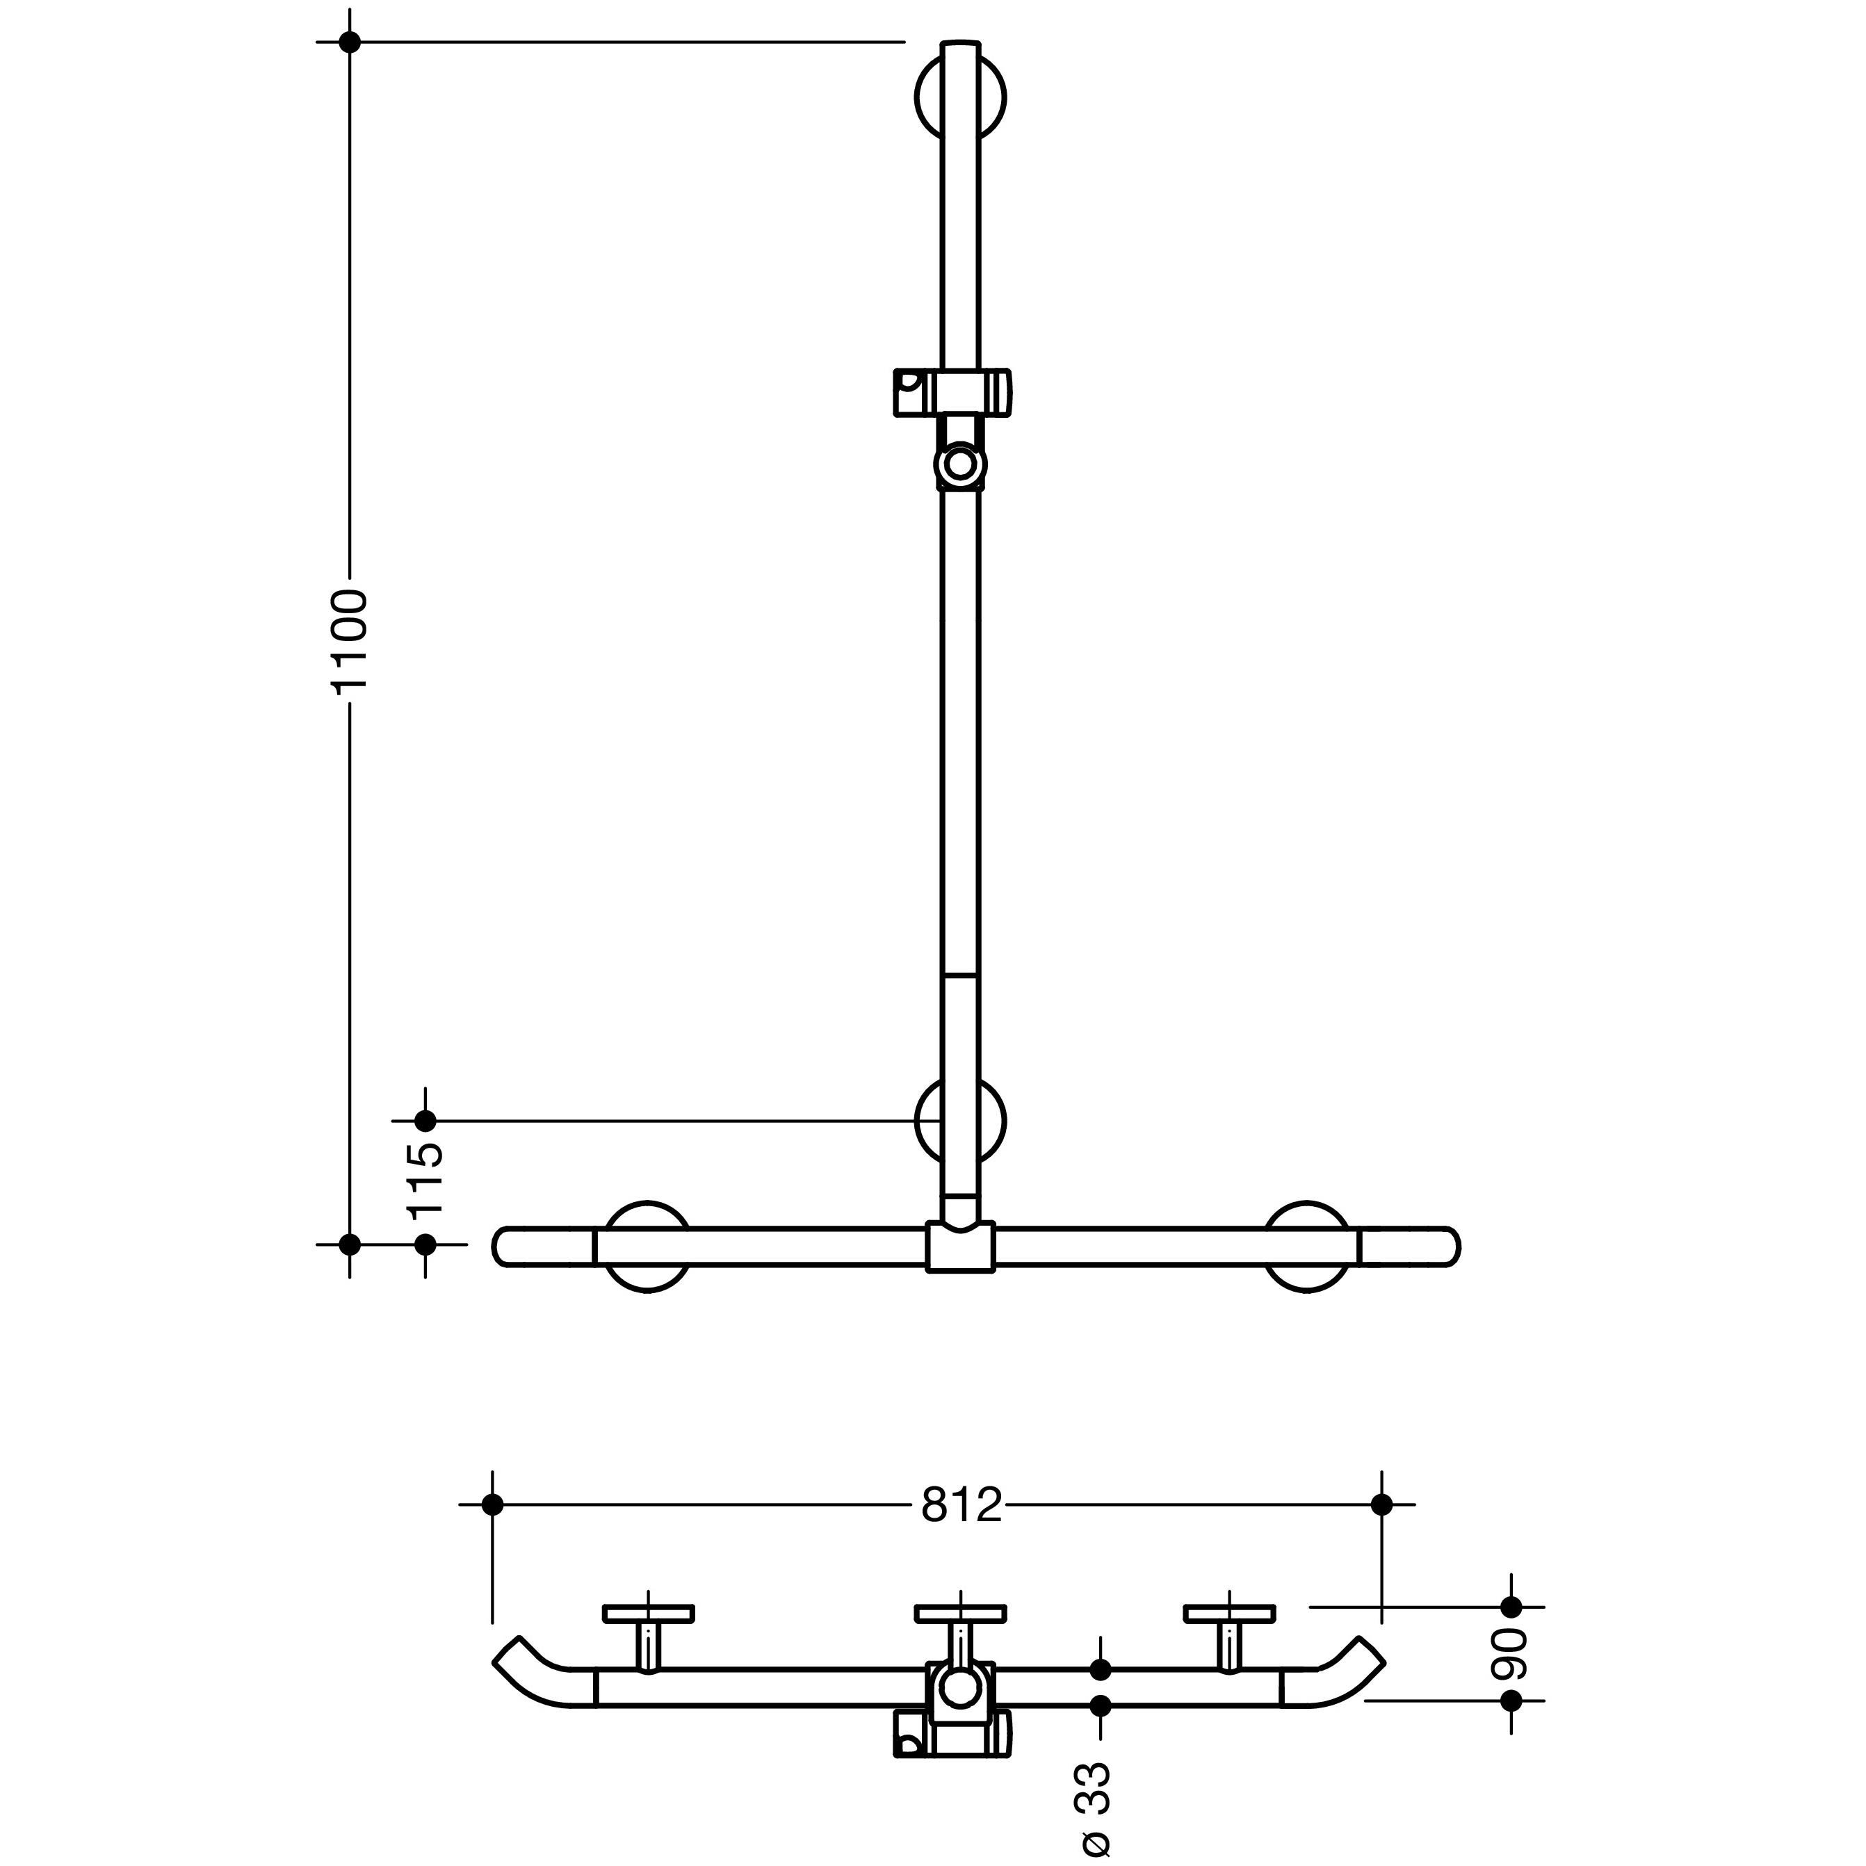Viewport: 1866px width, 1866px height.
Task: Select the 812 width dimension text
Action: [x=961, y=1504]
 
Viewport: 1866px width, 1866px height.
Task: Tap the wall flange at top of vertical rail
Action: [x=960, y=97]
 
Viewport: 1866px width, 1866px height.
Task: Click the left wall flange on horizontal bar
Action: [x=647, y=1247]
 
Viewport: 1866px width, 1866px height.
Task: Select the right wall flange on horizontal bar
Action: [x=1308, y=1247]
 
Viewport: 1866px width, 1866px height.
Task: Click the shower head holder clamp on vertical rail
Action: [x=952, y=392]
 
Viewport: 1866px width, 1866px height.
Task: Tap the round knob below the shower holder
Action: [x=960, y=464]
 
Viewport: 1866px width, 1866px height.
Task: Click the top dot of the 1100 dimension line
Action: [x=350, y=42]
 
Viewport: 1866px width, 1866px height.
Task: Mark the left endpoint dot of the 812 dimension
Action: [x=493, y=1504]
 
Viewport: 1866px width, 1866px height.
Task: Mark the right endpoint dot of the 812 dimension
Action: [x=1381, y=1504]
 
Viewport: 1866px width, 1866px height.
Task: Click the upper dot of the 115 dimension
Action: [x=425, y=1121]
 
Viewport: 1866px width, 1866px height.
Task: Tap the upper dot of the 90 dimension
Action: [x=1511, y=1607]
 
